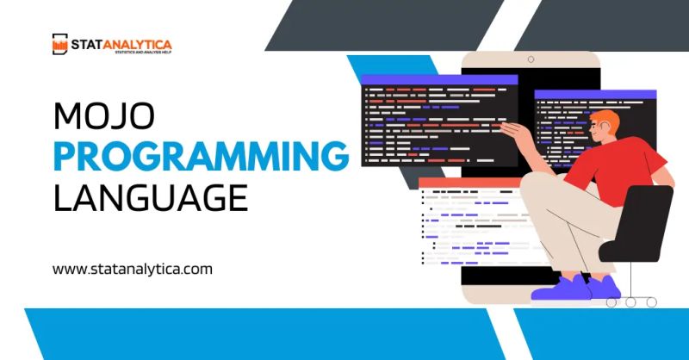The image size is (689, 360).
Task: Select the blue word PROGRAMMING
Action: pyautogui.click(x=201, y=157)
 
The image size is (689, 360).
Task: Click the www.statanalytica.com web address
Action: pyautogui.click(x=133, y=269)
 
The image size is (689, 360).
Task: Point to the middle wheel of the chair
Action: pyautogui.click(x=631, y=302)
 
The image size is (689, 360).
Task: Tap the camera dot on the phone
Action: pyautogui.click(x=531, y=59)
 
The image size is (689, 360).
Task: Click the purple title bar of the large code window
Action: pyautogui.click(x=438, y=79)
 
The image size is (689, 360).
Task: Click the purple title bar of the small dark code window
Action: pyautogui.click(x=595, y=94)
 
